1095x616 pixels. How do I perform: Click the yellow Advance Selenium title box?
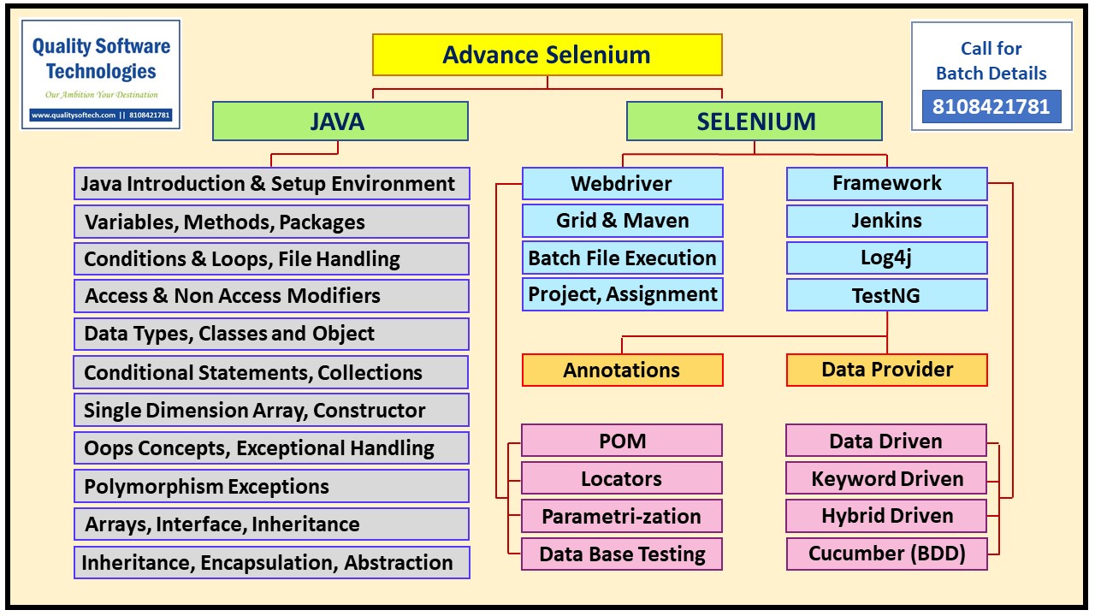point(547,56)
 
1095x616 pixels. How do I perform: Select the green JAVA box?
point(340,121)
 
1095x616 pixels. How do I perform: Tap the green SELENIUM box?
point(755,121)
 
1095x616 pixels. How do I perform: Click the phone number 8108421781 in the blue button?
point(991,107)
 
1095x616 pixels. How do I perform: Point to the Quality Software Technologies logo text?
point(101,58)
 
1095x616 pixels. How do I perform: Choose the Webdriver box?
point(622,183)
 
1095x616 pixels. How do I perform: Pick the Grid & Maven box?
point(622,221)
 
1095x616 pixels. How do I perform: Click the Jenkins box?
point(886,221)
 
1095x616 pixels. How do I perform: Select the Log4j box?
point(886,258)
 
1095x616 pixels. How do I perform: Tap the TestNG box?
point(886,295)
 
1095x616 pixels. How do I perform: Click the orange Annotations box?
point(622,370)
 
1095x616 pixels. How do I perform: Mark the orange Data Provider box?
point(886,370)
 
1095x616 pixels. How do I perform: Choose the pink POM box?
point(622,441)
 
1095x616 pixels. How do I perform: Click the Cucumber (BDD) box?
point(886,554)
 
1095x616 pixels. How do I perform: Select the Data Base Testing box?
point(622,554)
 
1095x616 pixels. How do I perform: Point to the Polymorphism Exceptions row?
point(271,487)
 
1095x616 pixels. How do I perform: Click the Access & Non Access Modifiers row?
point(271,296)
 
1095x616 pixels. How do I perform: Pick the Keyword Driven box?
point(886,479)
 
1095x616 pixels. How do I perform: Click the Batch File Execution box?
point(622,258)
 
